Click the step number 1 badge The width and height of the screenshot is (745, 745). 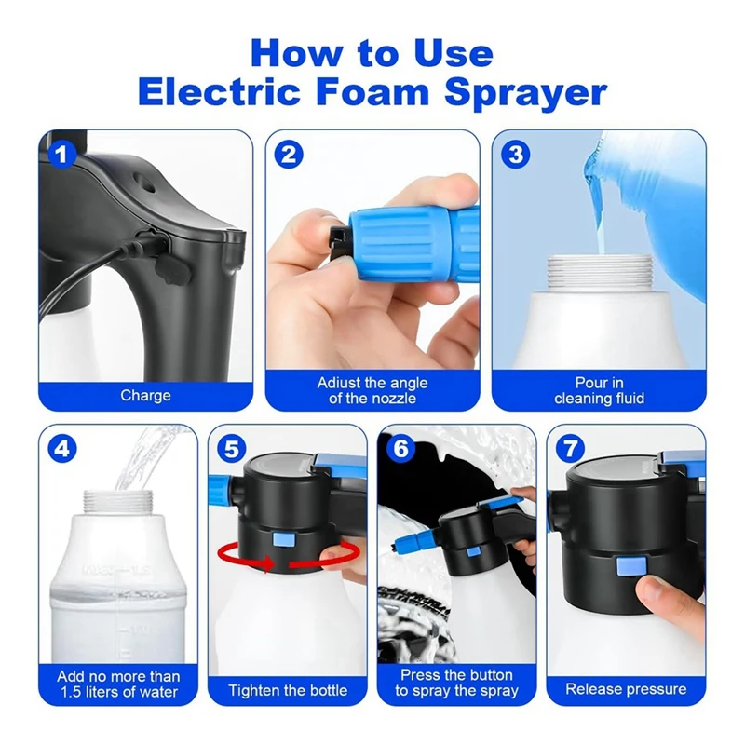61,155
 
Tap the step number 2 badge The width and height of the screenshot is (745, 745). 289,155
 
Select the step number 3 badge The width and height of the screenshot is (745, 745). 516,155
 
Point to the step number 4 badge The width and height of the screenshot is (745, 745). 62,448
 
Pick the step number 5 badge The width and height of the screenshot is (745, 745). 231,448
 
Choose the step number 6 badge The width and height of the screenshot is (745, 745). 401,448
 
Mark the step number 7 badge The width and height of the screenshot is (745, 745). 570,448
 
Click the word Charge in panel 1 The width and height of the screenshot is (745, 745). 145,395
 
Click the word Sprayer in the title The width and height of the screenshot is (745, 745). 525,91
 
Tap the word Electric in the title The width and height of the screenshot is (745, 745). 220,91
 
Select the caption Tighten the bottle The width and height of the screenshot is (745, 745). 288,690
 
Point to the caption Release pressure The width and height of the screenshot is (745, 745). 626,689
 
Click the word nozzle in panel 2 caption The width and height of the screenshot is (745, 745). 392,399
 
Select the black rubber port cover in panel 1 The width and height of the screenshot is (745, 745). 172,272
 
